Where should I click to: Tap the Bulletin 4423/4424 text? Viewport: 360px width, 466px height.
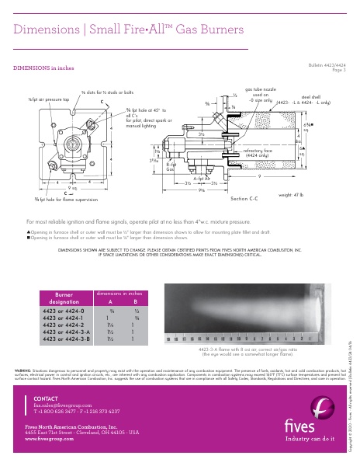(327, 65)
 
